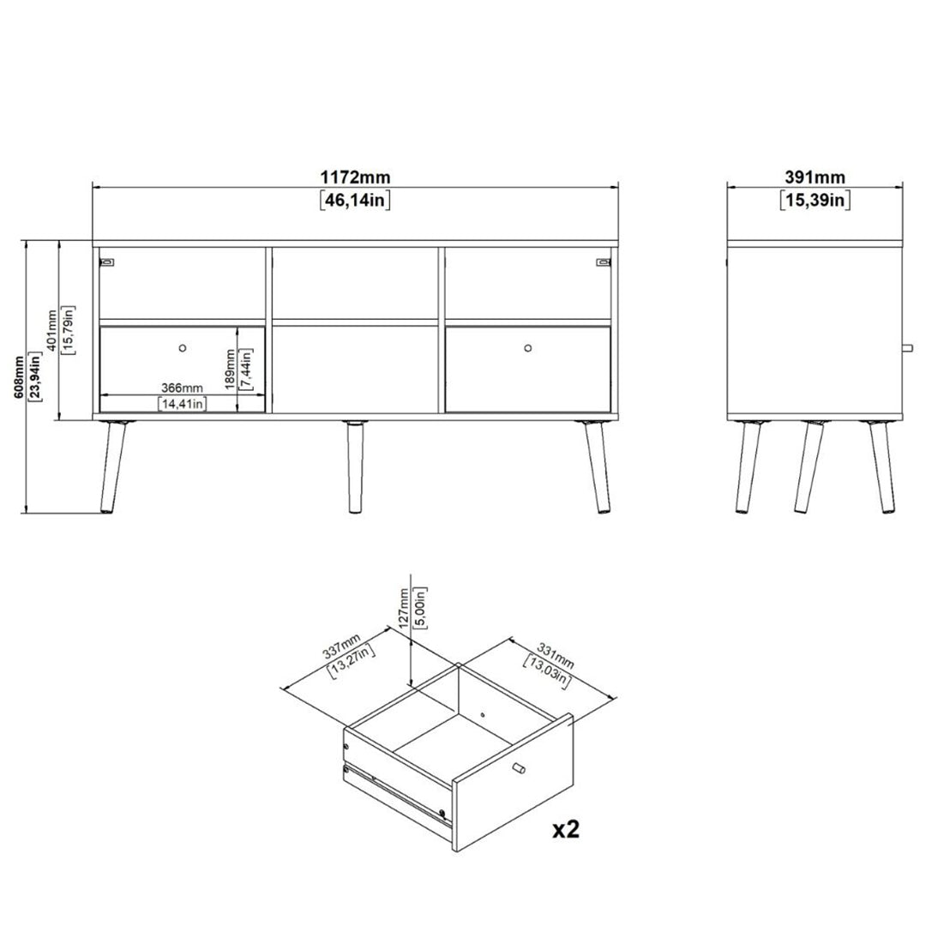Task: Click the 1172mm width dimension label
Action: pyautogui.click(x=355, y=177)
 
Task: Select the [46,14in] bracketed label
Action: pyautogui.click(x=355, y=201)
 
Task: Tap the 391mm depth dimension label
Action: pyautogui.click(x=815, y=177)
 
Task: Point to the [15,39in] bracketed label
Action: pyautogui.click(x=815, y=201)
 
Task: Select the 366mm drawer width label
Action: pyautogui.click(x=182, y=388)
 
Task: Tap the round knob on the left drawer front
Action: pyautogui.click(x=182, y=347)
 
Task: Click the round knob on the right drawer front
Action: pyautogui.click(x=527, y=347)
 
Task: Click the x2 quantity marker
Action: pyautogui.click(x=565, y=829)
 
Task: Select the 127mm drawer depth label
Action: pyautogui.click(x=406, y=607)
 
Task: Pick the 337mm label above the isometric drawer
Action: pyautogui.click(x=340, y=652)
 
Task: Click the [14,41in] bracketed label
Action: pyautogui.click(x=182, y=404)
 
